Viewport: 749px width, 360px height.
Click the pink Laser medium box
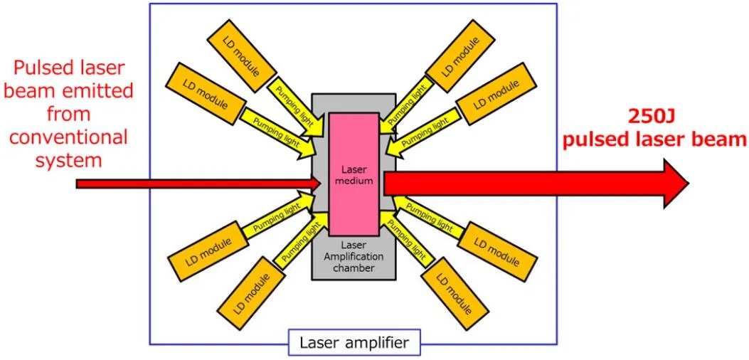coord(354,174)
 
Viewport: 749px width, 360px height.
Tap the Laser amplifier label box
coord(354,343)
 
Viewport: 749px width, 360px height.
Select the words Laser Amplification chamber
coord(354,256)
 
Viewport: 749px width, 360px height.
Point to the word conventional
coord(68,137)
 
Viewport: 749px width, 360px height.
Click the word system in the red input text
coord(68,160)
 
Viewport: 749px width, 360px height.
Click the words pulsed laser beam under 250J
coord(654,140)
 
